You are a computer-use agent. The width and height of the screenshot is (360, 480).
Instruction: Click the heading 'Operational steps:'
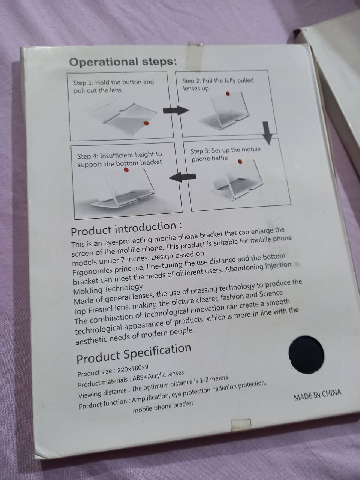point(123,62)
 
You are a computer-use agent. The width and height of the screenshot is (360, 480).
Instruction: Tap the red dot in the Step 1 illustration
point(146,123)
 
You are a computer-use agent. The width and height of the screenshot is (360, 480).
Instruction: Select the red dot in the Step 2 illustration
point(228,94)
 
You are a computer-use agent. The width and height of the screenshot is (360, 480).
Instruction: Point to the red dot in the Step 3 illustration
point(240,162)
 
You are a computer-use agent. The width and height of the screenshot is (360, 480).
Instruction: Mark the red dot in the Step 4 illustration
point(126,170)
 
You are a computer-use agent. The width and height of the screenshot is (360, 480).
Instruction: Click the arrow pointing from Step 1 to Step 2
point(176,110)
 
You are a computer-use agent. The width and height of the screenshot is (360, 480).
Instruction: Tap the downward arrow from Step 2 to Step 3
point(267,133)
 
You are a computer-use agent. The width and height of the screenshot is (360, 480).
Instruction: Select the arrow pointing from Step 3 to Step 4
point(182,177)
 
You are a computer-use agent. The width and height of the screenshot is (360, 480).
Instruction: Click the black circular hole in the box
point(306,355)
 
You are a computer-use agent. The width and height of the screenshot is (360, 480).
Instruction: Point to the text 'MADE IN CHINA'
point(317,395)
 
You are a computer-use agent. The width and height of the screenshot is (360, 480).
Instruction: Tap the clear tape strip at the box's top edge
point(195,57)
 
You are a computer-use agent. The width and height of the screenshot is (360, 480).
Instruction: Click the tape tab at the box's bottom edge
point(241,424)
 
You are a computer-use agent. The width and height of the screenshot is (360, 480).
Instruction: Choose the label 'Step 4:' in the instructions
point(88,156)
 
